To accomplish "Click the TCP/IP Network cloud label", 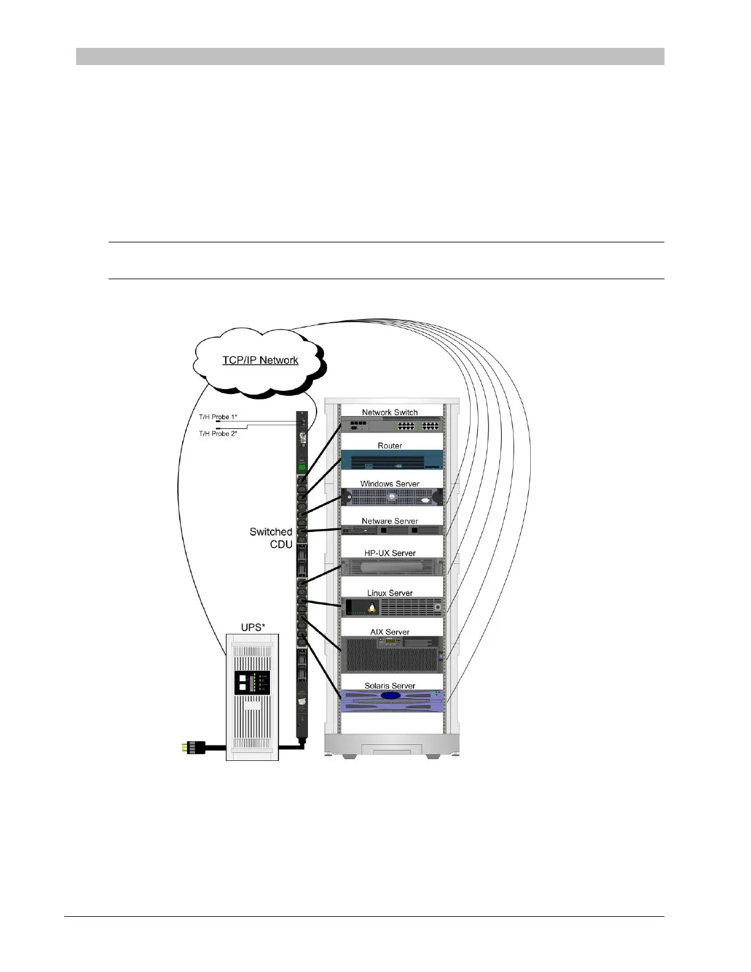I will (260, 360).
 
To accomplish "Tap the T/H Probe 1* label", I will (218, 417).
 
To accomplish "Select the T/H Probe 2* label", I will (218, 434).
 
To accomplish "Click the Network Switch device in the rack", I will (391, 425).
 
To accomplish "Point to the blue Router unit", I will (391, 460).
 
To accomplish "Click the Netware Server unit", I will (391, 530).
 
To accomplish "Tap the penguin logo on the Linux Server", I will (372, 607).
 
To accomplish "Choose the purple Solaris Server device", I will (391, 701).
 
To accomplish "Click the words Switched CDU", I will (271, 538).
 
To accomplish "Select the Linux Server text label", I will (390, 593).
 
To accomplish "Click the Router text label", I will (390, 445).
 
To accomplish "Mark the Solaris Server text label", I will (390, 685).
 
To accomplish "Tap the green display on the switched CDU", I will (302, 468).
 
